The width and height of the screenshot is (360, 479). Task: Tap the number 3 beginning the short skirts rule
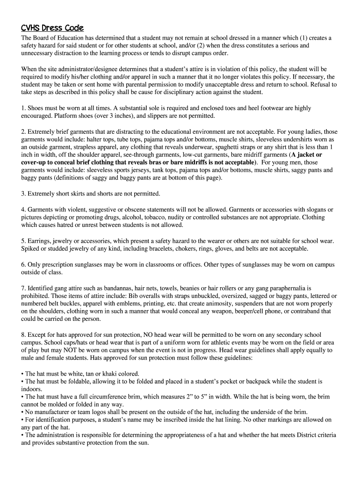click(23, 193)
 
